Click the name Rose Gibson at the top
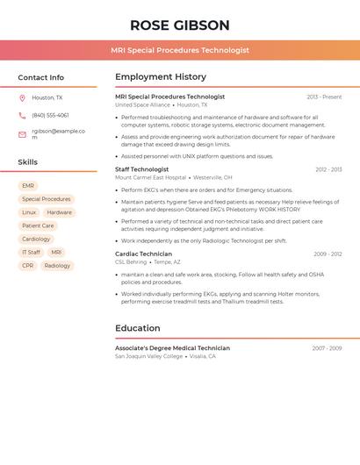click(x=179, y=25)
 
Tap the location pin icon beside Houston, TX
click(x=22, y=98)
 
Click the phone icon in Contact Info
click(x=22, y=115)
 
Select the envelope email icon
click(x=22, y=134)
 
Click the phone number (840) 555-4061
click(x=50, y=115)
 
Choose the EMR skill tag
click(x=28, y=186)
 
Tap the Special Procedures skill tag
click(x=47, y=199)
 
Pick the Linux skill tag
click(x=29, y=212)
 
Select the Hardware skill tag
click(x=60, y=212)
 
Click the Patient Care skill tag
click(x=38, y=225)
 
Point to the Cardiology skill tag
click(x=36, y=239)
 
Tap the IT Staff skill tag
click(x=31, y=252)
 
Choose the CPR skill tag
click(x=28, y=265)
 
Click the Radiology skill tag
click(x=57, y=265)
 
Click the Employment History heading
click(x=161, y=77)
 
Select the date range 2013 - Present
click(x=324, y=97)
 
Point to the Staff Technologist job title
click(x=142, y=169)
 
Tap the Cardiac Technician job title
click(x=143, y=254)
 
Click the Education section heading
click(x=138, y=328)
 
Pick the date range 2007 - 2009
click(x=327, y=348)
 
